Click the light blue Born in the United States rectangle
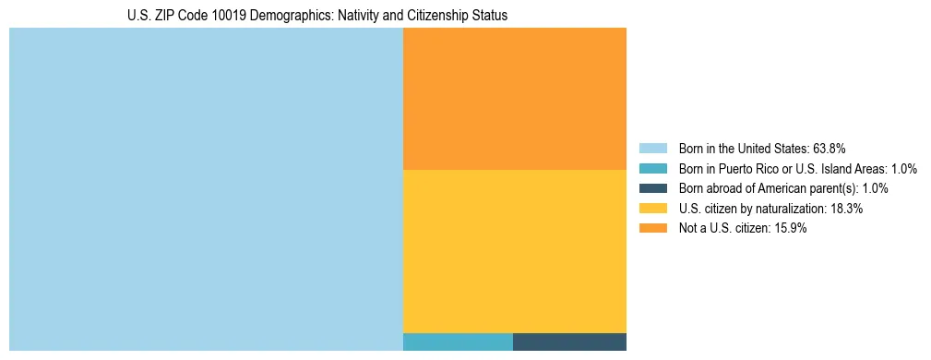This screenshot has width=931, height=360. (x=206, y=189)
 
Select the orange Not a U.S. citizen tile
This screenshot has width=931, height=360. (x=515, y=99)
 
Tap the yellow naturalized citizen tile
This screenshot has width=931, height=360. (x=515, y=251)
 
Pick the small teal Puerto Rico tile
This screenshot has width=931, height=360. (x=458, y=342)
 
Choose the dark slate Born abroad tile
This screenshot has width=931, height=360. (x=569, y=342)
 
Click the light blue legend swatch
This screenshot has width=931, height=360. (x=652, y=149)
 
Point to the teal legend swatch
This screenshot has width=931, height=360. (x=652, y=169)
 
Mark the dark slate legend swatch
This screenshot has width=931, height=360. (x=652, y=188)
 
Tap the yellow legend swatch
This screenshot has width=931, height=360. (x=652, y=209)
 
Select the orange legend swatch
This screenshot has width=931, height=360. (x=652, y=229)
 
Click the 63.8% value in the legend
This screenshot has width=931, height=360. (x=829, y=149)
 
